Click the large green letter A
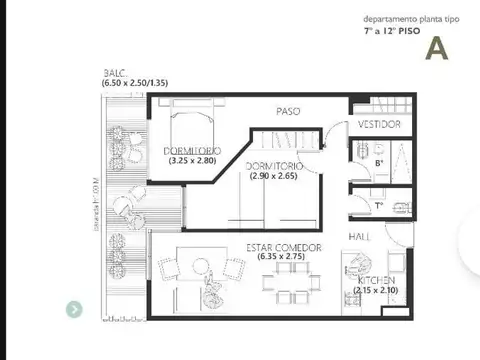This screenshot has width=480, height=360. (435, 47)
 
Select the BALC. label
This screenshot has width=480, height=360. (113, 74)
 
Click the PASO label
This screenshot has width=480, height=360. (289, 110)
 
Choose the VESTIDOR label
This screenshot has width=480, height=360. (380, 124)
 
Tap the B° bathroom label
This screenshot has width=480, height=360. (379, 162)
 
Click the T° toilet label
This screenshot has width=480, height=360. (379, 206)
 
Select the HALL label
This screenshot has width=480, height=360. (360, 235)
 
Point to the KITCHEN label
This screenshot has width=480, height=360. (374, 280)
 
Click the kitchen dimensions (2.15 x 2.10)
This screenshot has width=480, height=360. (375, 290)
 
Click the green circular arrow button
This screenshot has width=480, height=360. (74, 310)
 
